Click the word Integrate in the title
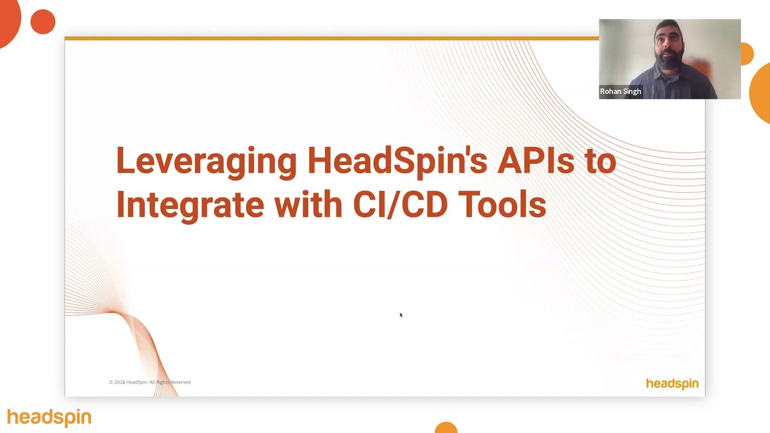pos(189,204)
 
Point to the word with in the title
pos(308,204)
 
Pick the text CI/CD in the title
pos(400,204)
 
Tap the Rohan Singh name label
pos(620,91)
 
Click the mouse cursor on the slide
pos(401,315)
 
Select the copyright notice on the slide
pos(150,382)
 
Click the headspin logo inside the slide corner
pos(672,384)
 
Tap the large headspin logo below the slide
pos(49,417)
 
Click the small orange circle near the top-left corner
pos(43,22)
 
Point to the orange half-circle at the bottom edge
pos(446,428)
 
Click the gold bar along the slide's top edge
pos(331,38)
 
